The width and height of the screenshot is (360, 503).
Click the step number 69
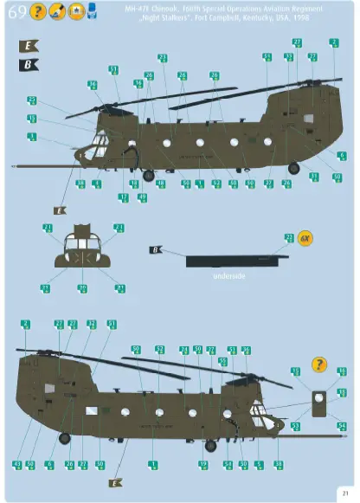coord(16,13)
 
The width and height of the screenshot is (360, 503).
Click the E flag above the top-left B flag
coord(28,46)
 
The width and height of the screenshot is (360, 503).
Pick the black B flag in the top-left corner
coord(28,65)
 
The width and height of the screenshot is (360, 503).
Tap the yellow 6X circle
coord(304,238)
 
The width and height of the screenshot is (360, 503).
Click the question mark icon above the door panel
coord(319,364)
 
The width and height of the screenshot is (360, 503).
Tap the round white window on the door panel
coord(319,398)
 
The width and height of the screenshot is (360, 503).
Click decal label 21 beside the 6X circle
coord(289,237)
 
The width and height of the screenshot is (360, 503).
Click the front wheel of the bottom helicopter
coord(209,446)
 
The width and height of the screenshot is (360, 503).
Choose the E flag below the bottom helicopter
coord(113,482)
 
